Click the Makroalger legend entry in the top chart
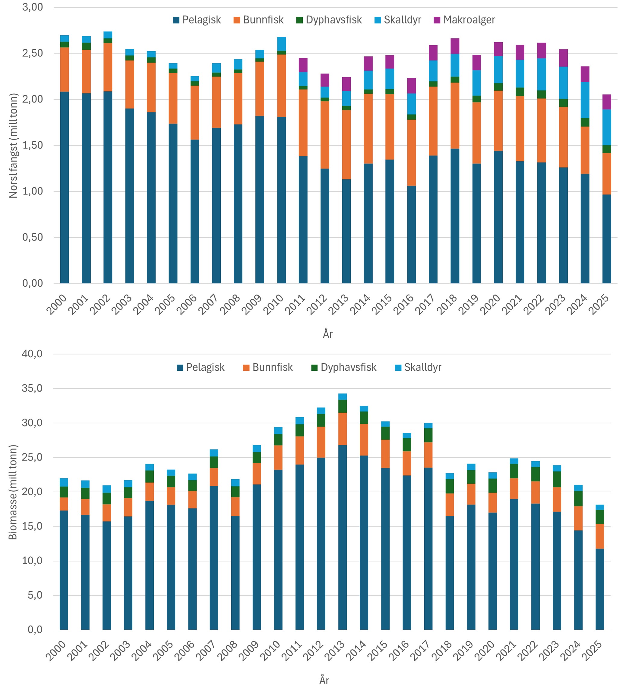468,20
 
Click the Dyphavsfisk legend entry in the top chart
333,20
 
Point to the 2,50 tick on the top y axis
33,53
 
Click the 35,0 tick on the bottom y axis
32,389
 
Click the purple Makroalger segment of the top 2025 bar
607,102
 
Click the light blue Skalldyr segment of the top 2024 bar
585,100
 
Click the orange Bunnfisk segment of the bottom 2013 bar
343,429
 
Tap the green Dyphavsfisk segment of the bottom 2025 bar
600,517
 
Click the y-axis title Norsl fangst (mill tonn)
13,146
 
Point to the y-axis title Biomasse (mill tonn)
13,493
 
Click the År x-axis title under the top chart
327,334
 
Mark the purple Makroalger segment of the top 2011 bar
303,65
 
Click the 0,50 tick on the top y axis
33,237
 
